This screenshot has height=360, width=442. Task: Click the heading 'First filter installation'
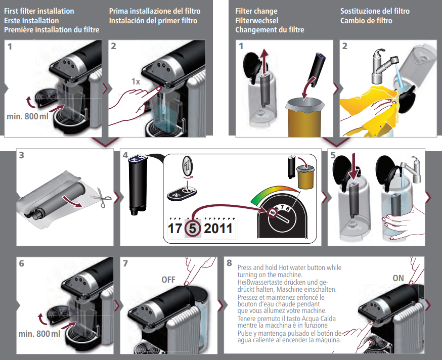pyautogui.click(x=39, y=11)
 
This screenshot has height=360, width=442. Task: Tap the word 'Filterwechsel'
pyautogui.click(x=256, y=21)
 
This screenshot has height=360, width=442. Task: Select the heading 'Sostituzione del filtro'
pyautogui.click(x=375, y=11)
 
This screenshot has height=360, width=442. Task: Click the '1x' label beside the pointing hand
pyautogui.click(x=136, y=81)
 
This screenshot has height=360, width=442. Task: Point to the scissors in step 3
pyautogui.click(x=101, y=197)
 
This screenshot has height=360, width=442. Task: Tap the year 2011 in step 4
pyautogui.click(x=218, y=228)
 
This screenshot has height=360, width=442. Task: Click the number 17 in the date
pyautogui.click(x=175, y=228)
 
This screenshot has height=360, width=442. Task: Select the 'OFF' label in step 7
pyautogui.click(x=168, y=280)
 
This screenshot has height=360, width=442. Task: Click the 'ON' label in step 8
pyautogui.click(x=398, y=278)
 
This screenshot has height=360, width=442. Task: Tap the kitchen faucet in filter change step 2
pyautogui.click(x=384, y=66)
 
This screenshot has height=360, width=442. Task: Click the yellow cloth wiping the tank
pyautogui.click(x=372, y=110)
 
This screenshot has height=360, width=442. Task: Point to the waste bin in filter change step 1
pyautogui.click(x=304, y=117)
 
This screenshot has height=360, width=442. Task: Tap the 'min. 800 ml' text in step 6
pyautogui.click(x=39, y=334)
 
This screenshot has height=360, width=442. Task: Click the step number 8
pyautogui.click(x=229, y=263)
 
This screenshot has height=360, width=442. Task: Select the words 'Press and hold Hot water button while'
pyautogui.click(x=289, y=267)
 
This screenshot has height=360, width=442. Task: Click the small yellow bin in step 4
pyautogui.click(x=305, y=177)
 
